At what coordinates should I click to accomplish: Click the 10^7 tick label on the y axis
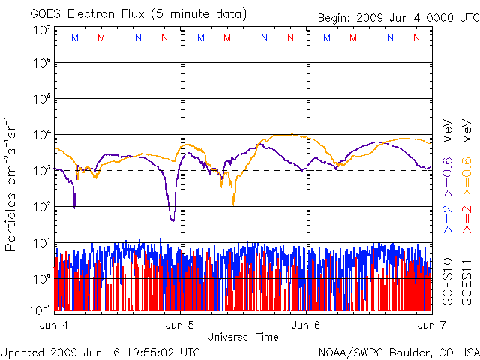(x=42, y=30)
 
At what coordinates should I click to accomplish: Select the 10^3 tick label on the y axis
(x=42, y=171)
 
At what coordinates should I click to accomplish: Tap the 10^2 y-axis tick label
(x=42, y=207)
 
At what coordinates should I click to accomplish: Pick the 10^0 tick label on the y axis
(x=42, y=279)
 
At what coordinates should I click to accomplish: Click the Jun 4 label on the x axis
(x=54, y=325)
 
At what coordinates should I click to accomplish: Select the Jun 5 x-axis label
(x=180, y=325)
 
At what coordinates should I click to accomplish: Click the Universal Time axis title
(x=243, y=337)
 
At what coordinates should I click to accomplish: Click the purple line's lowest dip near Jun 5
(x=172, y=219)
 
